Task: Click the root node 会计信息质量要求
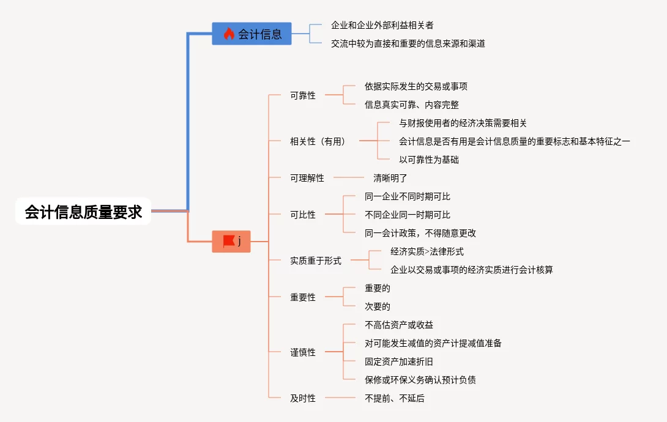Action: (x=83, y=212)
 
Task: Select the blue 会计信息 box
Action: (x=252, y=34)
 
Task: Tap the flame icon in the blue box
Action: (x=229, y=34)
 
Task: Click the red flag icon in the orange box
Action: (x=229, y=242)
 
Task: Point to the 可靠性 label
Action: (x=303, y=95)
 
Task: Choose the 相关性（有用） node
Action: (x=318, y=141)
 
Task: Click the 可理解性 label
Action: (x=307, y=178)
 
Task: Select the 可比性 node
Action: (x=303, y=215)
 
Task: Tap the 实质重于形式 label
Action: (x=316, y=261)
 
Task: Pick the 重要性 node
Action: (x=303, y=297)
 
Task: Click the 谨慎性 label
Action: (x=303, y=352)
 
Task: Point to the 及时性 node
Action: (x=303, y=398)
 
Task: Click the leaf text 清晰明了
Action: (x=390, y=178)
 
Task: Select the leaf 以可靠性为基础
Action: (x=429, y=160)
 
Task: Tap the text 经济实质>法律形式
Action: (x=427, y=251)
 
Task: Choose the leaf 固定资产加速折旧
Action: (x=399, y=361)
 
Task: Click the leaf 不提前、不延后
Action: (x=395, y=398)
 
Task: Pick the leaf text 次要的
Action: (x=378, y=306)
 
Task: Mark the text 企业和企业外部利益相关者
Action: (x=382, y=25)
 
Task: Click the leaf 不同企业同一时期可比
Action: (x=408, y=215)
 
